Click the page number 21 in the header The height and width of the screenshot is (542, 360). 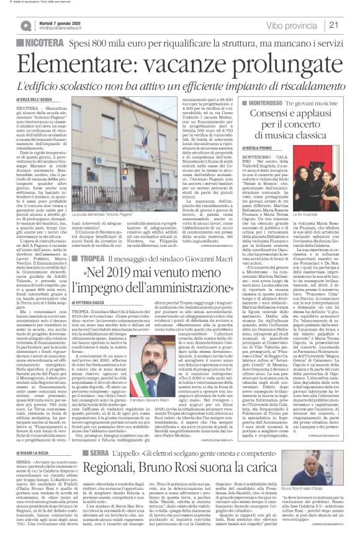tap(350, 24)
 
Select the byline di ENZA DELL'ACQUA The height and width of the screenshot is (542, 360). tap(36, 99)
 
